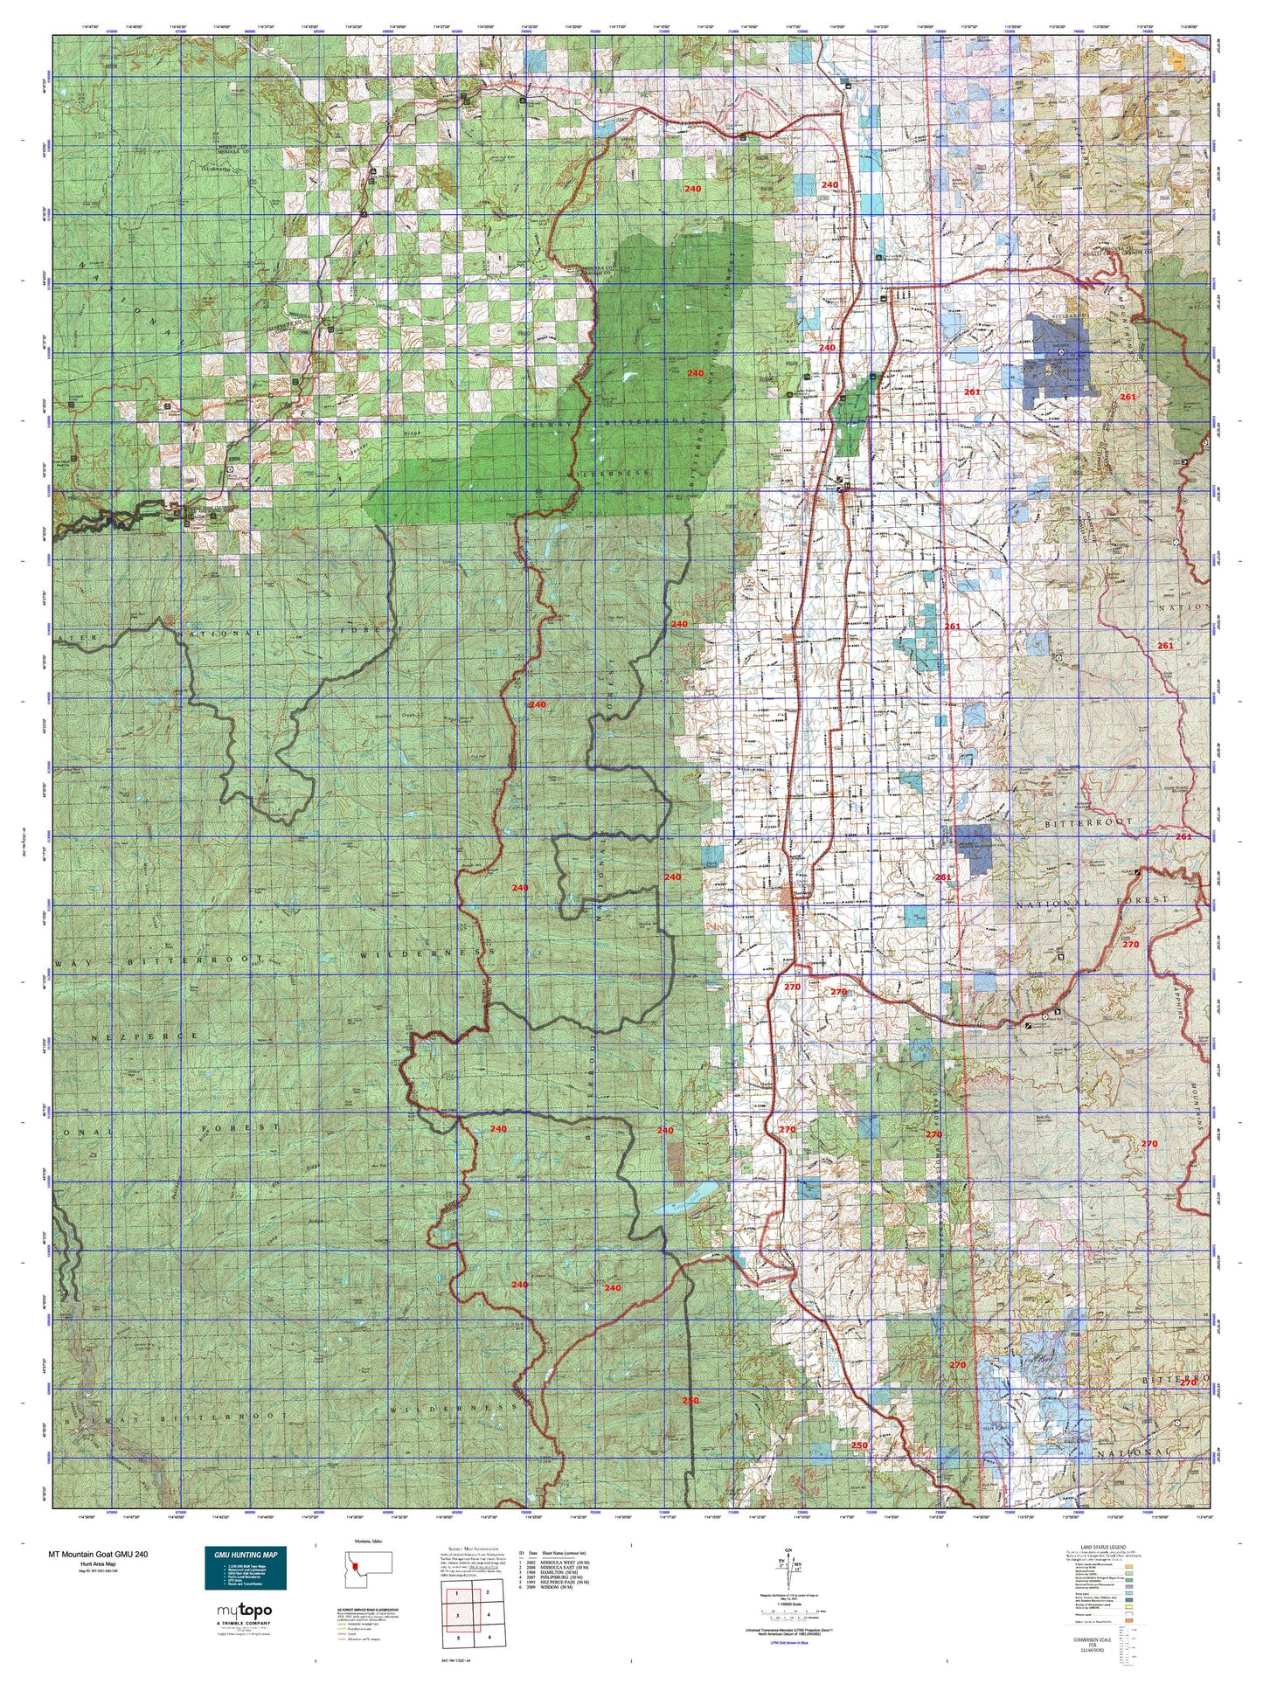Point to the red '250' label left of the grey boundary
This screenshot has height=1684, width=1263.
tap(690, 1424)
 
